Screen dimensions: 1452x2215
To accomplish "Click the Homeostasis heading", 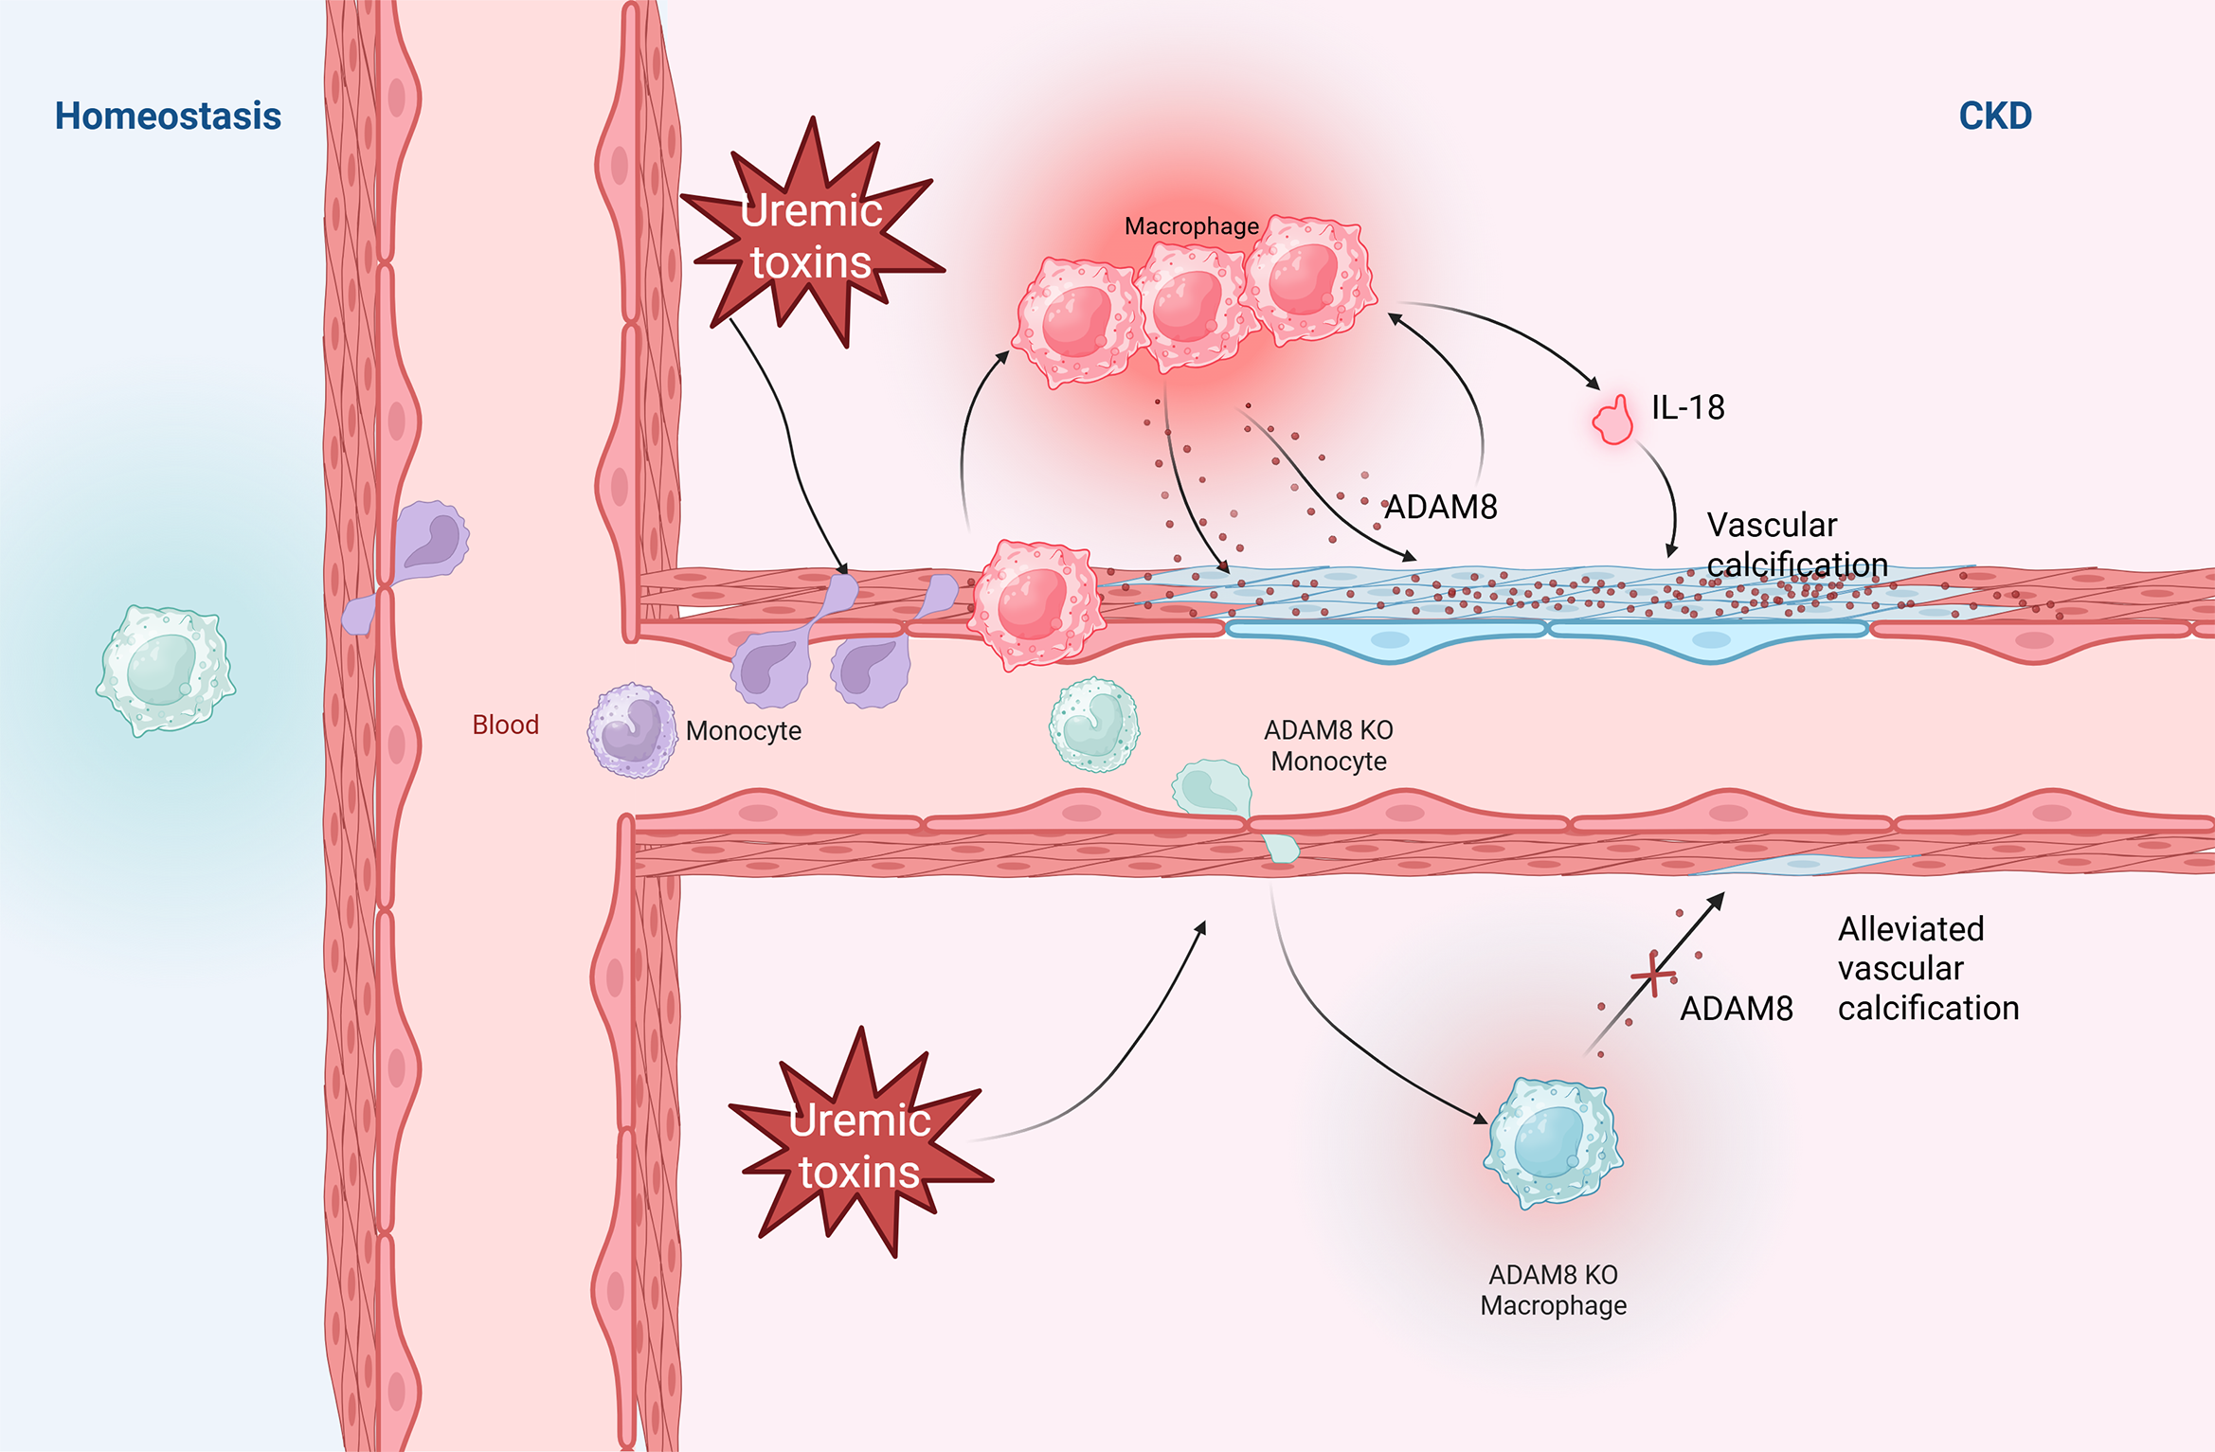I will click(168, 117).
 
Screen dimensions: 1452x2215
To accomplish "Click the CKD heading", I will click(1994, 117).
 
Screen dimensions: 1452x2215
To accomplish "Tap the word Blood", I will click(505, 725).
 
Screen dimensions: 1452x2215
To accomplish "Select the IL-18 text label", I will click(1687, 407).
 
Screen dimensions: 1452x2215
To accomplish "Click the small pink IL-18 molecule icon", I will click(1614, 421).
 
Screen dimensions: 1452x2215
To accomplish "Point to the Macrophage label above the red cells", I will click(1191, 226).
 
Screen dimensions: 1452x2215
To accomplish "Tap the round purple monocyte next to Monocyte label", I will click(632, 730).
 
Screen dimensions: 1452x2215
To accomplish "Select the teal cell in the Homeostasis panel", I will click(166, 670).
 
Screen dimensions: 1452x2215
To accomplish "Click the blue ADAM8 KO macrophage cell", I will click(1552, 1141).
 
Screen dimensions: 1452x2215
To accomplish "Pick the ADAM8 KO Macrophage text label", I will click(1553, 1290).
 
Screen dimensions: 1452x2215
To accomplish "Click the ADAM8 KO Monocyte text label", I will click(1328, 745).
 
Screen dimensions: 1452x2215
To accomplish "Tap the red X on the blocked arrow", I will click(1653, 975).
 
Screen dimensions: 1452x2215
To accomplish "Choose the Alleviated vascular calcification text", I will click(1928, 968).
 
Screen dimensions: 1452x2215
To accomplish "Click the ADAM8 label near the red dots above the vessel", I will click(1441, 508).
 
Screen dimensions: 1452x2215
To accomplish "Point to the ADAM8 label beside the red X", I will click(1736, 1009).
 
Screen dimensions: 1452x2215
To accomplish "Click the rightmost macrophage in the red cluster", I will click(1306, 278).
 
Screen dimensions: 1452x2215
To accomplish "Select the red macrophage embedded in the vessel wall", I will click(1035, 604).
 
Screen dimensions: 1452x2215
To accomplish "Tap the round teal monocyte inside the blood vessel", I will click(1094, 725).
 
